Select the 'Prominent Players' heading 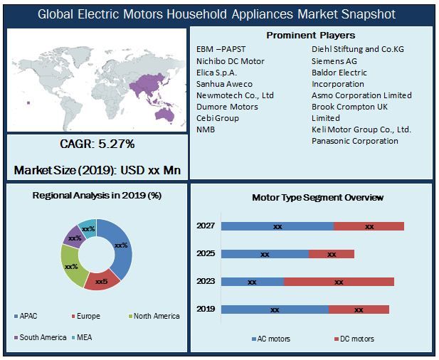(x=310, y=35)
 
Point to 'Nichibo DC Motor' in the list (x=230, y=61)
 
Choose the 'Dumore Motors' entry (x=227, y=107)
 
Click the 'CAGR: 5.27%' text (x=97, y=144)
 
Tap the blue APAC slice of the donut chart (x=122, y=245)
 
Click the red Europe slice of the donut (x=102, y=279)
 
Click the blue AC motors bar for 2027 (x=277, y=226)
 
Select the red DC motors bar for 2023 (x=338, y=282)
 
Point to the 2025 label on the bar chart (x=206, y=253)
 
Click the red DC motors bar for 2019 (x=359, y=309)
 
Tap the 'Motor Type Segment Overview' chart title (x=317, y=197)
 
